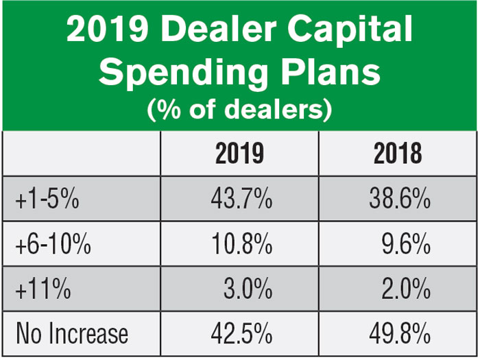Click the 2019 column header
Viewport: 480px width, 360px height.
click(x=239, y=154)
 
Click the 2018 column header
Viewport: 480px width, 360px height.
click(x=398, y=154)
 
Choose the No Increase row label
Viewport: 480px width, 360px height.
click(x=72, y=334)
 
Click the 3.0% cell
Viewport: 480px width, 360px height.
click(x=248, y=289)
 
